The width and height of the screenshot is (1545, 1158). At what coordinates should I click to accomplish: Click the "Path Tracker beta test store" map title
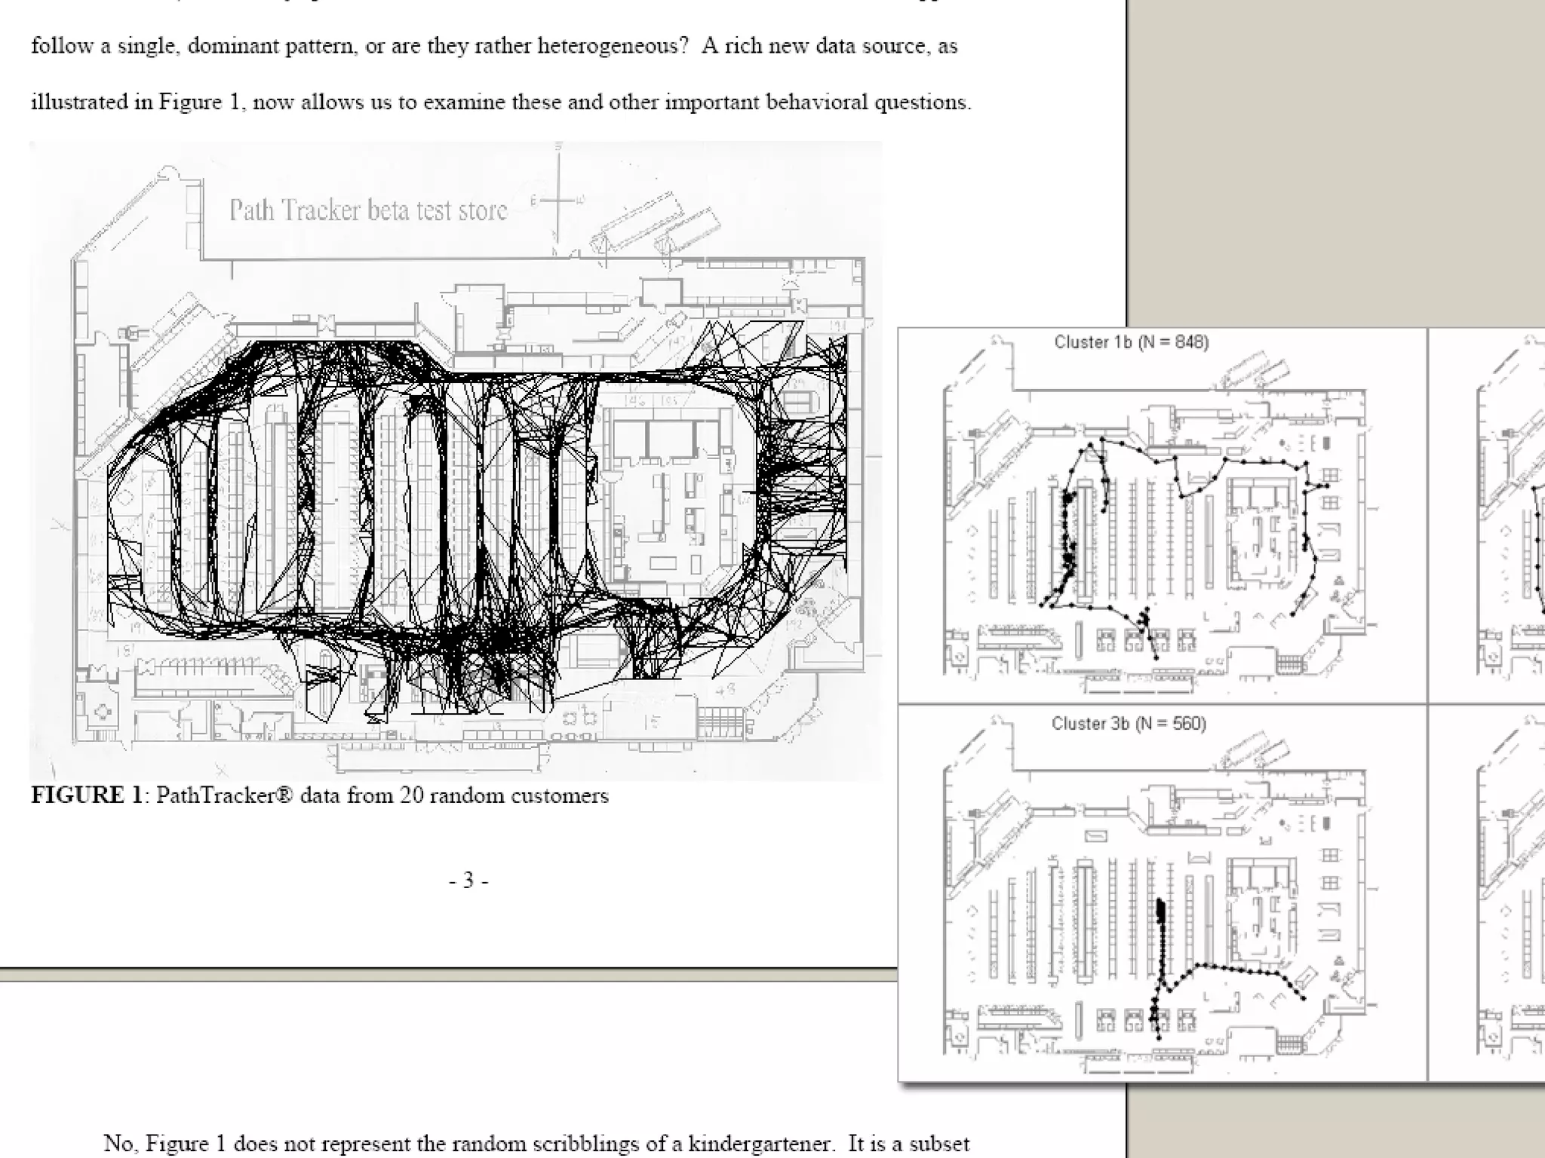pyautogui.click(x=368, y=210)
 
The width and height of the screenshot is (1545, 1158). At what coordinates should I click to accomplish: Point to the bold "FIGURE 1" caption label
pyautogui.click(x=87, y=796)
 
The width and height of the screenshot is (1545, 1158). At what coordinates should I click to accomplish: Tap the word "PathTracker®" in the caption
pyautogui.click(x=224, y=796)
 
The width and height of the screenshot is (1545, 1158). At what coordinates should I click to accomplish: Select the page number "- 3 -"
pyautogui.click(x=468, y=881)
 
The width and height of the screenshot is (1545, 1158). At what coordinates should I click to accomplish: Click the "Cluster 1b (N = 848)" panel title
pyautogui.click(x=1132, y=342)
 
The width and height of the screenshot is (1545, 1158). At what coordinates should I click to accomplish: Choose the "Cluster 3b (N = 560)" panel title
pyautogui.click(x=1129, y=724)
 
